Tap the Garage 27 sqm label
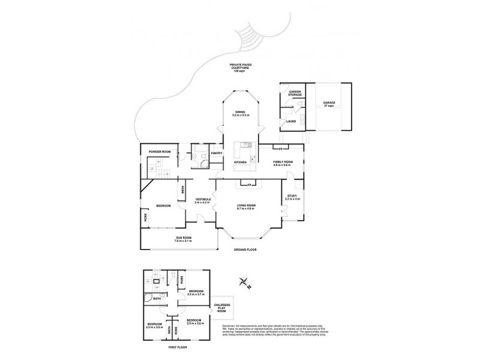point(329,104)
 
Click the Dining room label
point(240,113)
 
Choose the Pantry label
point(217,153)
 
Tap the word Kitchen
point(241,162)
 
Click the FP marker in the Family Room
point(280,147)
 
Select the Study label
point(292,197)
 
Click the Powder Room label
point(160,152)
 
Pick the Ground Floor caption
point(244,248)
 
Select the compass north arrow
point(244,283)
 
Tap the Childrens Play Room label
point(221,308)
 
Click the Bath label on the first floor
point(156,298)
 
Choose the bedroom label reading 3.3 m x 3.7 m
point(196,293)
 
